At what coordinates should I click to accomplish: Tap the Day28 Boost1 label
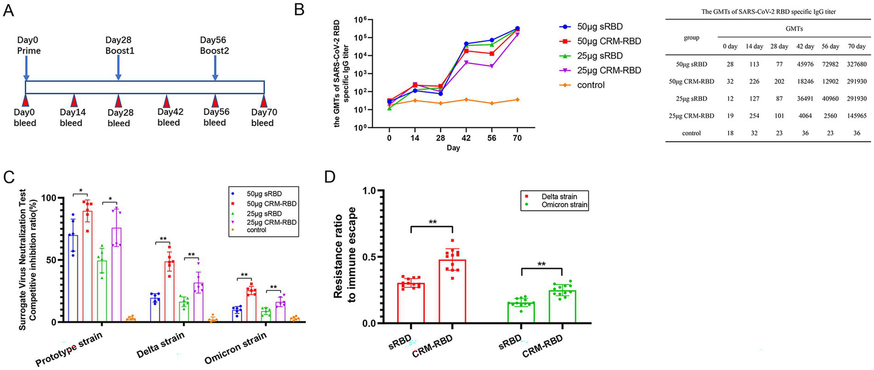click(x=118, y=46)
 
